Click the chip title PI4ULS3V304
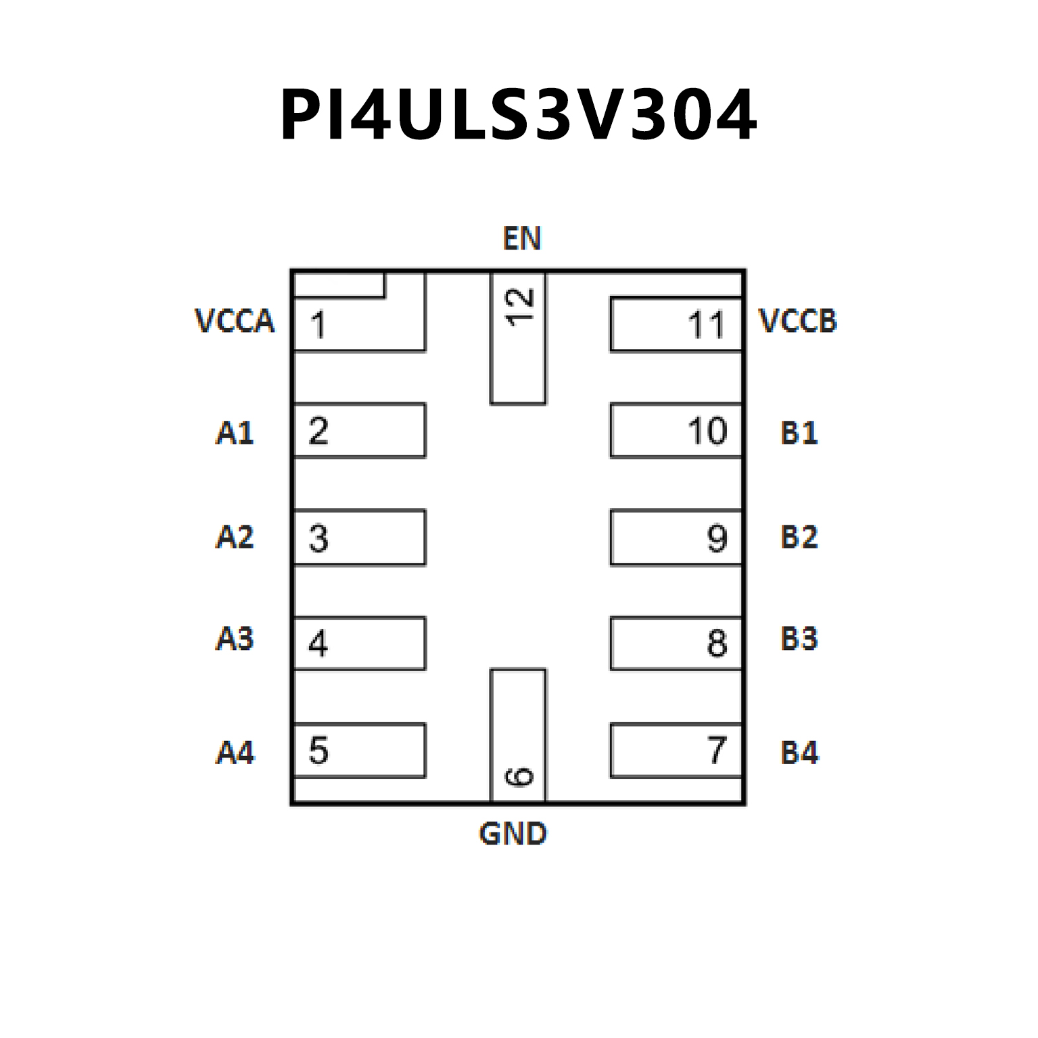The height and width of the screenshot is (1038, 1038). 518,115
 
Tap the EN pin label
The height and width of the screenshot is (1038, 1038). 521,238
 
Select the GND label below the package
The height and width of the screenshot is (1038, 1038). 513,834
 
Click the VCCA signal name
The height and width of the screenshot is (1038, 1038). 234,321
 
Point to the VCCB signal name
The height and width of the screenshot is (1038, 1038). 798,321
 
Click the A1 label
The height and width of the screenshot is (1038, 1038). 234,433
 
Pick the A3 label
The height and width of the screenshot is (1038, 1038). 234,638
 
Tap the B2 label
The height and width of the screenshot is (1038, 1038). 799,537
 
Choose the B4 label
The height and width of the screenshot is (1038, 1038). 799,753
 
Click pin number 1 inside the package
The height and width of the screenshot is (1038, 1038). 318,325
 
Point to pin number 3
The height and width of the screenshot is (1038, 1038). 318,538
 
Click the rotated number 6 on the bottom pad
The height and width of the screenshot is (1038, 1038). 519,776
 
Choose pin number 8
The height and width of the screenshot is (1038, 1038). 717,643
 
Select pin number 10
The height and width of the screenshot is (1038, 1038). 707,431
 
